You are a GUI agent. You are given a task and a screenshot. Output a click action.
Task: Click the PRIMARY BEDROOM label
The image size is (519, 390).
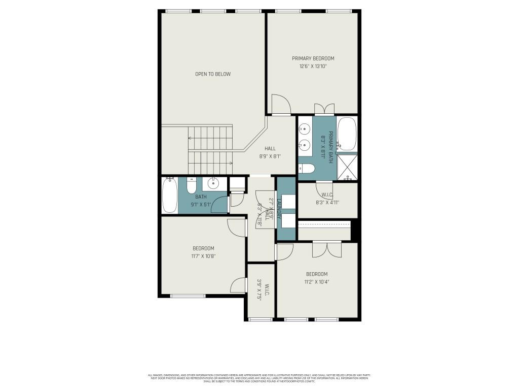pyautogui.click(x=313, y=58)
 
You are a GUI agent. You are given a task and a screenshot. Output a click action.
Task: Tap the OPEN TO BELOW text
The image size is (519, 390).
pyautogui.click(x=213, y=74)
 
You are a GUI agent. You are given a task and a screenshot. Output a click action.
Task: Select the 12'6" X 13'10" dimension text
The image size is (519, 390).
pyautogui.click(x=313, y=66)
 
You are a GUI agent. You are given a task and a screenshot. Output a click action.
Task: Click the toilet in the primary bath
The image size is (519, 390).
pyautogui.click(x=307, y=169)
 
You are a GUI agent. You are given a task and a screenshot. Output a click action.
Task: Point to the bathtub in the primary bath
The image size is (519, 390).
pyautogui.click(x=347, y=134)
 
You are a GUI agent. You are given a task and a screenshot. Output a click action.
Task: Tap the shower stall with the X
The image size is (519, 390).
pyautogui.click(x=347, y=167)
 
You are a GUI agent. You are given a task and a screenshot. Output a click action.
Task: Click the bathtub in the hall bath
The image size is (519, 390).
pyautogui.click(x=169, y=195)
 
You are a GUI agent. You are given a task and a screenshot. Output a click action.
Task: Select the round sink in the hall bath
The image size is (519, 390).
pyautogui.click(x=213, y=183)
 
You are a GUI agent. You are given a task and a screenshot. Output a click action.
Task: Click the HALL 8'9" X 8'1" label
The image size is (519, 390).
pyautogui.click(x=270, y=152)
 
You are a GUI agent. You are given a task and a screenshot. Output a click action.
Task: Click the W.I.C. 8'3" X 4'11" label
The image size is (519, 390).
pyautogui.click(x=327, y=199)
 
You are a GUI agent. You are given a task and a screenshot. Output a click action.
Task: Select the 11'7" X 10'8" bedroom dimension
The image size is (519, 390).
pyautogui.click(x=203, y=256)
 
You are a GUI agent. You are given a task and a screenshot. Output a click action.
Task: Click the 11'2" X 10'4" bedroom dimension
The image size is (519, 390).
pyautogui.click(x=317, y=281)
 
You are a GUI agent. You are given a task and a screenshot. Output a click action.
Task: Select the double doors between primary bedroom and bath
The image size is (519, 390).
pyautogui.click(x=324, y=109)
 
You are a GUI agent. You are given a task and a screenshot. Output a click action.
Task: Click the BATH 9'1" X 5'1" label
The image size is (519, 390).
pyautogui.click(x=201, y=201)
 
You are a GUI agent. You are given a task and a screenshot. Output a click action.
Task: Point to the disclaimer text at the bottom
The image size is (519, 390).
pyautogui.click(x=259, y=378)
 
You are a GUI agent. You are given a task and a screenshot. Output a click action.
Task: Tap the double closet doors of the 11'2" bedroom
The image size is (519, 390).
pyautogui.click(x=327, y=249)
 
